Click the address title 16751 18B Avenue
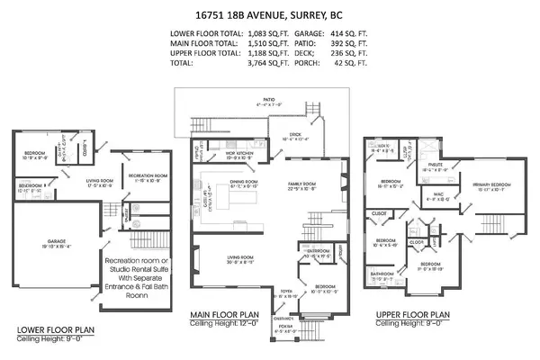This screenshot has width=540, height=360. (269, 15)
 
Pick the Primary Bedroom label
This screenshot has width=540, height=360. (485, 184)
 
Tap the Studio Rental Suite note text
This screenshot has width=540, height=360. (144, 264)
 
